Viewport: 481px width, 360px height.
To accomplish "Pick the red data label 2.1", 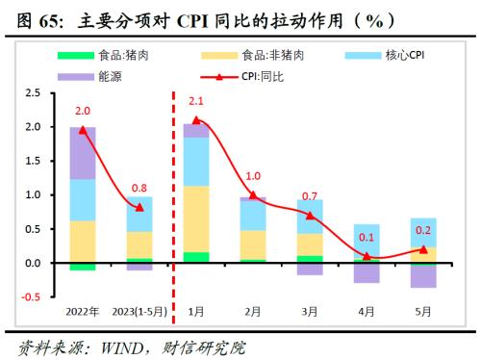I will coord(196,101).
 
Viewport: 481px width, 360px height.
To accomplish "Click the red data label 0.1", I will coord(367,238).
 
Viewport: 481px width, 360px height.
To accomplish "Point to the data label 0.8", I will coord(139,189).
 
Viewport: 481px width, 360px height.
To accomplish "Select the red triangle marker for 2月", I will coord(253,194).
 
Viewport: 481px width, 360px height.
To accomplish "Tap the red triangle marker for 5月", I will coord(423,248).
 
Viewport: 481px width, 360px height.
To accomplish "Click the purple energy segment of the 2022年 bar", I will coord(83,153).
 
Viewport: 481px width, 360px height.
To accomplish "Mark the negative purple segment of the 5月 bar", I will coord(423,275).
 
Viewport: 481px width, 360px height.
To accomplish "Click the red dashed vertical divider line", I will coord(172,193).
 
